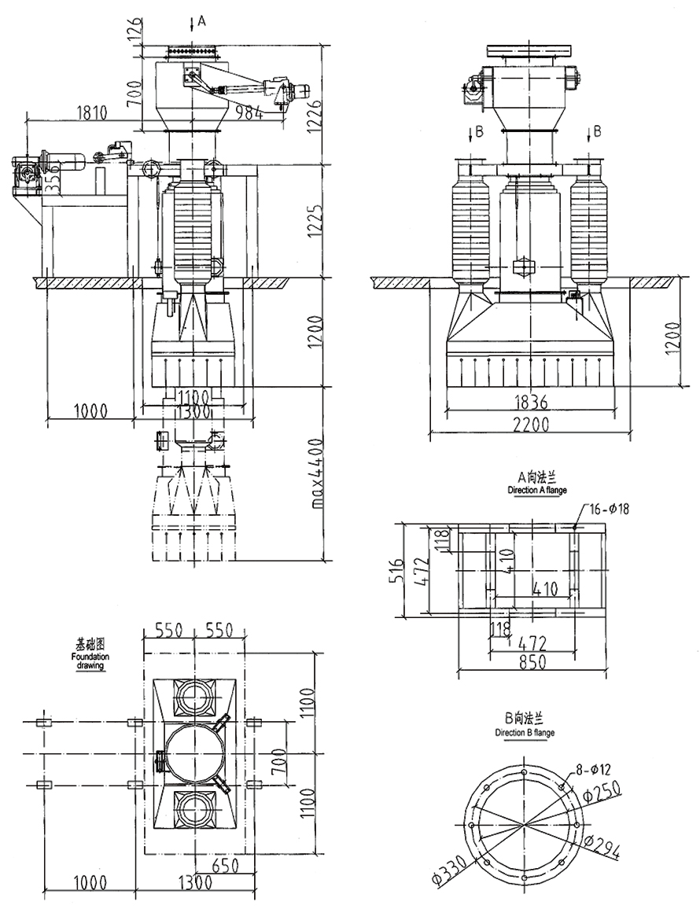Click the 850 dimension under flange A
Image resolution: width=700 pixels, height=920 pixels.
coord(532,663)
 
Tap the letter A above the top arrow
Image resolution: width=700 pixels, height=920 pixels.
coord(201,21)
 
